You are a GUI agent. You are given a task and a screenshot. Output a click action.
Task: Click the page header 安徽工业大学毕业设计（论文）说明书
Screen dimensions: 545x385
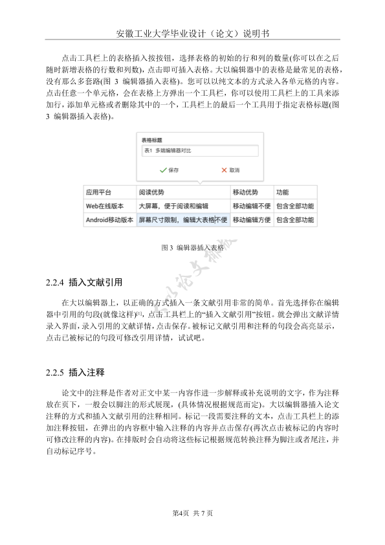[192, 34]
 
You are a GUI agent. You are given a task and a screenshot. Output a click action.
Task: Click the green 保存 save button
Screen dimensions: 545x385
[169, 170]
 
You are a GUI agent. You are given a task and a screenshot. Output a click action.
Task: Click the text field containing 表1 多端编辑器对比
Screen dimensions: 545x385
[199, 151]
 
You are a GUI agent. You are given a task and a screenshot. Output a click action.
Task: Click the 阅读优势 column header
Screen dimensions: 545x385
[151, 192]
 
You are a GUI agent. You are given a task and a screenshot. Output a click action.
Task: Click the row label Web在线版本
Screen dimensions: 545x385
[105, 206]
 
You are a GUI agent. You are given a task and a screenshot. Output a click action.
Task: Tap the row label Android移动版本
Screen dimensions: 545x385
[109, 220]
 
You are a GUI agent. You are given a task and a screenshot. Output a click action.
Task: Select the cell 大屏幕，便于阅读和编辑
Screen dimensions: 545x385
[173, 206]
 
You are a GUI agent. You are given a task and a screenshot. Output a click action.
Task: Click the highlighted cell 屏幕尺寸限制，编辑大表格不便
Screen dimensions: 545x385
[182, 220]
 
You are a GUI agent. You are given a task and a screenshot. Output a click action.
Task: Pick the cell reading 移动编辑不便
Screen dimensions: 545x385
[251, 206]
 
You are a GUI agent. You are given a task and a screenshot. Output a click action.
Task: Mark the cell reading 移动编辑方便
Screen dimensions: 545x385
[251, 220]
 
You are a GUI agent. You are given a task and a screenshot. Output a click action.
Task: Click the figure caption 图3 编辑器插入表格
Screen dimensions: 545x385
[192, 247]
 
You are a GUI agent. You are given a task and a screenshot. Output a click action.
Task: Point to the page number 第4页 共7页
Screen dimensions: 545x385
[192, 513]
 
